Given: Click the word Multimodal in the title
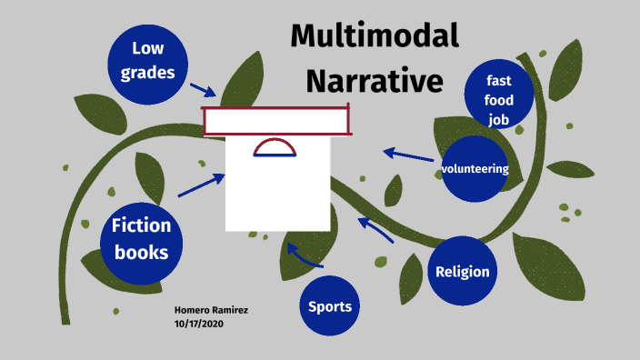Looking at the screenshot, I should [x=375, y=36].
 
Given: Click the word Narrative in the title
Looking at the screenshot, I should [x=375, y=80].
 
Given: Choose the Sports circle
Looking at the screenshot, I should [x=330, y=306].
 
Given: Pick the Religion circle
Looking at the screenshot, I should [x=463, y=271].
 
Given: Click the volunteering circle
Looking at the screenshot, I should [x=475, y=169].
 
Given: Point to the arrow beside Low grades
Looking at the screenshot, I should [x=203, y=89].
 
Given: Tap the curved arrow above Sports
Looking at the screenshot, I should [x=304, y=254].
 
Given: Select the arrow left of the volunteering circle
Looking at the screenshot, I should [x=407, y=155].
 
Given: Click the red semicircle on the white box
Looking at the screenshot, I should [x=275, y=148].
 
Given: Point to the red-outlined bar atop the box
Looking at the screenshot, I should [x=276, y=121].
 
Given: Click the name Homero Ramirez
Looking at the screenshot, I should [x=211, y=310].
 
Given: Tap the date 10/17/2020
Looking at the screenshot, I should [x=198, y=324].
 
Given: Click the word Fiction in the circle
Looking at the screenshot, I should [x=140, y=226].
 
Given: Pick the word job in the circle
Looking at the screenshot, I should [x=498, y=118].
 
